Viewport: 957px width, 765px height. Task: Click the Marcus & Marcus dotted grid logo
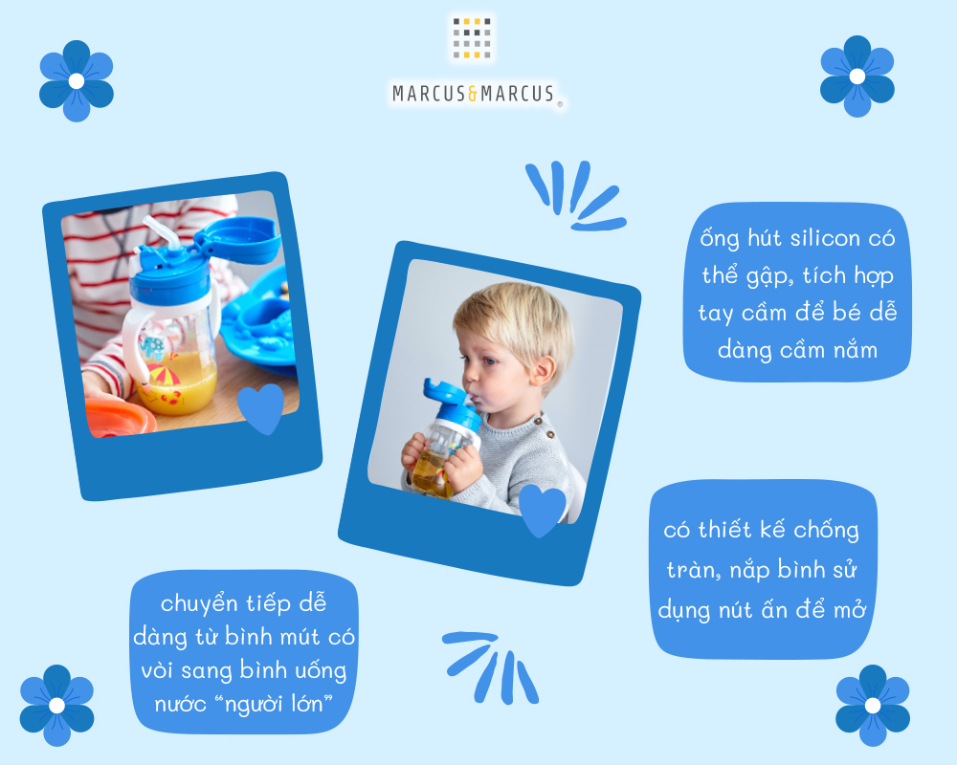pyautogui.click(x=472, y=38)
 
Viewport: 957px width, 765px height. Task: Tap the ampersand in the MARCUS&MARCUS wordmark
pyautogui.click(x=473, y=94)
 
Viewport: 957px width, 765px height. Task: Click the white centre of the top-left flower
pyautogui.click(x=77, y=80)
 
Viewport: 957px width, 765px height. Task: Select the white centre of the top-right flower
pyautogui.click(x=857, y=76)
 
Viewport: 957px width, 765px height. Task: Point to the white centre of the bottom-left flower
pyautogui.click(x=56, y=705)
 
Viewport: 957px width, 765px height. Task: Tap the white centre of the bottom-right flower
pyautogui.click(x=873, y=705)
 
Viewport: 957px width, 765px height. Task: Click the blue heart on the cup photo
pyautogui.click(x=261, y=407)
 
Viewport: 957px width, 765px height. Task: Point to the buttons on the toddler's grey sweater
pyautogui.click(x=545, y=427)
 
